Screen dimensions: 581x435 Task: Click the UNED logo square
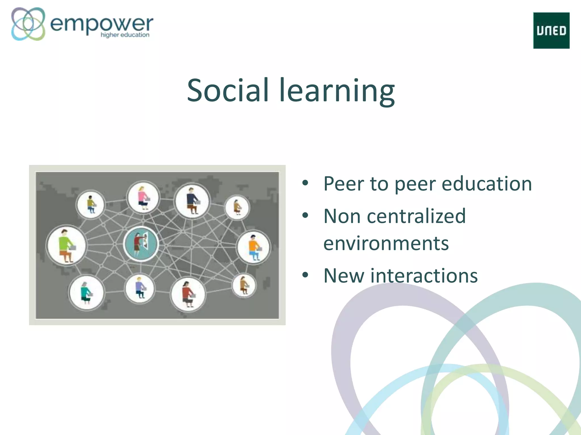pos(551,31)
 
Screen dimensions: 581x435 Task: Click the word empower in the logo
pos(101,24)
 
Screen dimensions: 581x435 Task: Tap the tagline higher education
pos(125,35)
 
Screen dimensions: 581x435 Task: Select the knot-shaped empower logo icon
pos(28,24)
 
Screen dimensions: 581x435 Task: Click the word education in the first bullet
pos(487,184)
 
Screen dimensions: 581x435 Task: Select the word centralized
pos(416,216)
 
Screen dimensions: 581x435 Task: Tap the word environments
pos(386,244)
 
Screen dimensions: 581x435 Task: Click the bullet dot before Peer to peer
pos(305,183)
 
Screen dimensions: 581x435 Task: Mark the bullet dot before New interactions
pos(305,275)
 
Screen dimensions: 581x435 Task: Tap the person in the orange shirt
pos(254,247)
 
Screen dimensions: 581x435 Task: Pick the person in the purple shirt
pos(140,288)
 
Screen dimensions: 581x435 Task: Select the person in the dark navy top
pos(192,201)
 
